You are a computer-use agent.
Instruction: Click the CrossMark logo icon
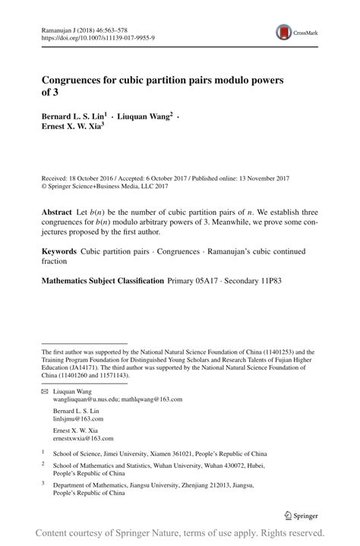(x=285, y=32)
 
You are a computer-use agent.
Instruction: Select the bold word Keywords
(x=58, y=250)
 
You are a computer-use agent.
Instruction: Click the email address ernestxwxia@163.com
(x=83, y=438)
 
